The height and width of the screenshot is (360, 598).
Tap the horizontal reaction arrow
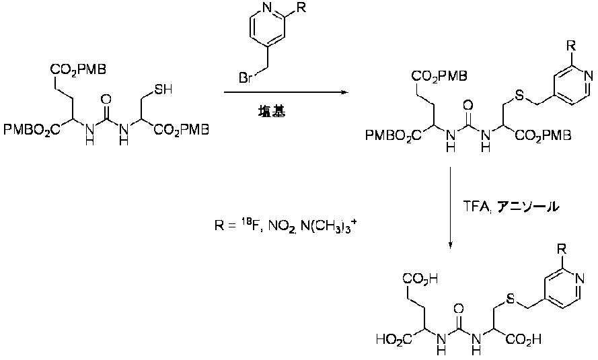point(286,92)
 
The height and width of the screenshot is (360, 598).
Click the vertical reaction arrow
point(451,208)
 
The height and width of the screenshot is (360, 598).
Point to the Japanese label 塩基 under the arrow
point(271,111)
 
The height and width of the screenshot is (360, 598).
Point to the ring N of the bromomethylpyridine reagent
point(268,8)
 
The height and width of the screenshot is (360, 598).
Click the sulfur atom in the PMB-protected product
point(519,96)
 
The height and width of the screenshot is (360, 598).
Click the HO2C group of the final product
point(394,338)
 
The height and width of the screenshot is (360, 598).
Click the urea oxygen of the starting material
point(107,100)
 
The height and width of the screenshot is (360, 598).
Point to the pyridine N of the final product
point(580,279)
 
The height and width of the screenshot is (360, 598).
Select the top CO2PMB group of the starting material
point(78,69)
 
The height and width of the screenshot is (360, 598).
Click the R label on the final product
point(562,250)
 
